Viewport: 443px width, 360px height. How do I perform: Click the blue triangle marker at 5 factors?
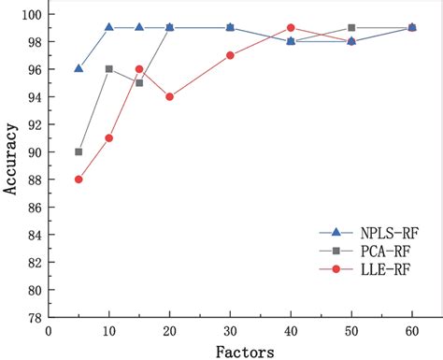79,68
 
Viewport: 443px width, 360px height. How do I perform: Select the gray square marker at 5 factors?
79,151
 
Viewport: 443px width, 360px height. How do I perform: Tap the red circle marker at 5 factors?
79,180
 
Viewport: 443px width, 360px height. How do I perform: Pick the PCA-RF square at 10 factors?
109,69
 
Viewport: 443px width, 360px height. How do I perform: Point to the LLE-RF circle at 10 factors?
109,137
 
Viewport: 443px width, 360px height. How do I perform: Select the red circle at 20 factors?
169,96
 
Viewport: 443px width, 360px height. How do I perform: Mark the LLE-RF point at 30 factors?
230,55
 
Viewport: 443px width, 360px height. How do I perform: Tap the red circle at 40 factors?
291,28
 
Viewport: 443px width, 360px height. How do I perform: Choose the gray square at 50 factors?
350,28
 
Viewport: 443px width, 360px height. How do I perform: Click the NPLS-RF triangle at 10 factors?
109,27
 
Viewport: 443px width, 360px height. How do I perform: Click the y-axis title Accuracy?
10,166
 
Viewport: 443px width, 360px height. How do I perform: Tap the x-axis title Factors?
246,351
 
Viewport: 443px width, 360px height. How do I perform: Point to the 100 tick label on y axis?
30,14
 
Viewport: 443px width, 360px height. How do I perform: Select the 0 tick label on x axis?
49,331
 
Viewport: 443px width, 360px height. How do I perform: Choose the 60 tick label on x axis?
411,331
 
